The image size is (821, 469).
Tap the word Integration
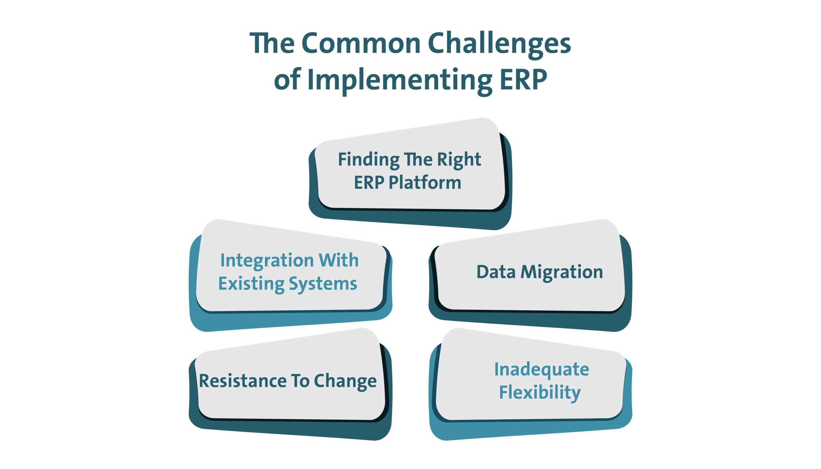(x=267, y=261)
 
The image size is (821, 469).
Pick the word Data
(x=496, y=272)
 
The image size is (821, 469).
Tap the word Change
(x=345, y=382)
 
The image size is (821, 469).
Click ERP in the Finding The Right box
(x=369, y=183)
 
